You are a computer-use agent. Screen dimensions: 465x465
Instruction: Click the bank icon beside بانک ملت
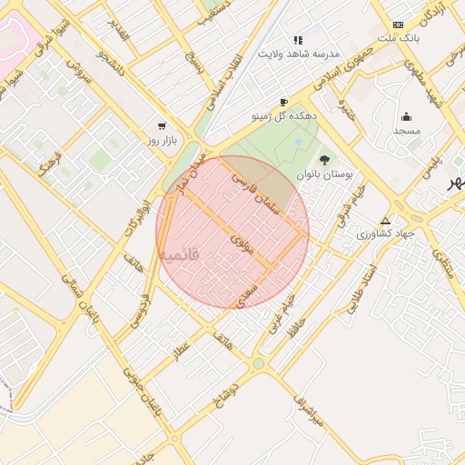[398, 25]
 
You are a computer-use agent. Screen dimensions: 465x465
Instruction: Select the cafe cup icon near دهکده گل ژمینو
[283, 102]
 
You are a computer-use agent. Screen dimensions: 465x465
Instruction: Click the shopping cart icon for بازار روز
[162, 126]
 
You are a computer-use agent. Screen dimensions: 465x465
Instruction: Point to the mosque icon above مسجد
[406, 116]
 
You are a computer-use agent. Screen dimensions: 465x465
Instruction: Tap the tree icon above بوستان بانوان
[324, 160]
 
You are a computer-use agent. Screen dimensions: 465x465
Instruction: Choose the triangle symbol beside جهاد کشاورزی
[385, 221]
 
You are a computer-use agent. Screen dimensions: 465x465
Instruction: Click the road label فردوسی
[139, 307]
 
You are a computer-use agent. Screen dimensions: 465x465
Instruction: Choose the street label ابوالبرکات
[134, 214]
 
